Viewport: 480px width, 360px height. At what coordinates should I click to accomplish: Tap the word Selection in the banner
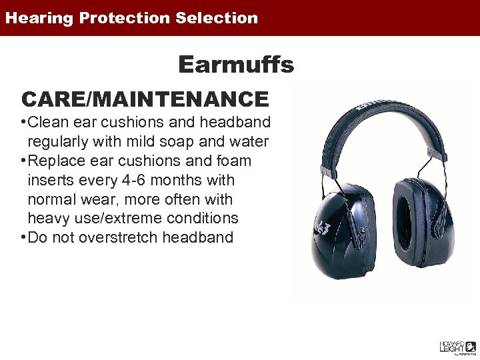click(x=217, y=18)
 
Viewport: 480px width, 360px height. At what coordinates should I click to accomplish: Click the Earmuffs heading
click(x=236, y=65)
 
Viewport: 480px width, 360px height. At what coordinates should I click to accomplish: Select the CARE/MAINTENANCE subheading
click(x=145, y=99)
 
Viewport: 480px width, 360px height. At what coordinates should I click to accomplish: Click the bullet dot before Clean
click(x=23, y=123)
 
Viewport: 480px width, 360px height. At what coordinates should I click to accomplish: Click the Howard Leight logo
click(x=457, y=347)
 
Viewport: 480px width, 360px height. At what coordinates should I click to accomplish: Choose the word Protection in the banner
click(x=126, y=18)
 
